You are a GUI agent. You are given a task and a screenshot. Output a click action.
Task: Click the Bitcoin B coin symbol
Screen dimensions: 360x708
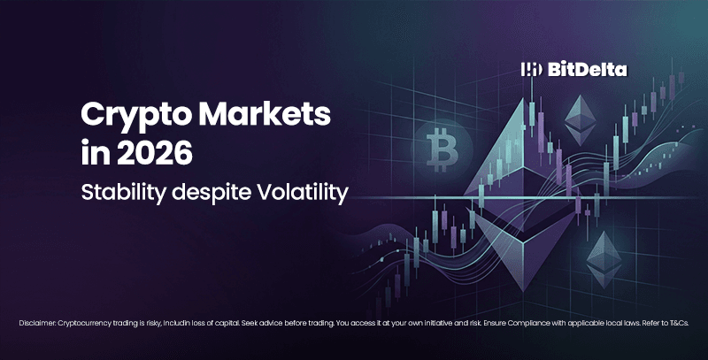(438, 148)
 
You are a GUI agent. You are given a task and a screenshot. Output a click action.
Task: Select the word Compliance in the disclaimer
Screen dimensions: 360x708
(540, 325)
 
